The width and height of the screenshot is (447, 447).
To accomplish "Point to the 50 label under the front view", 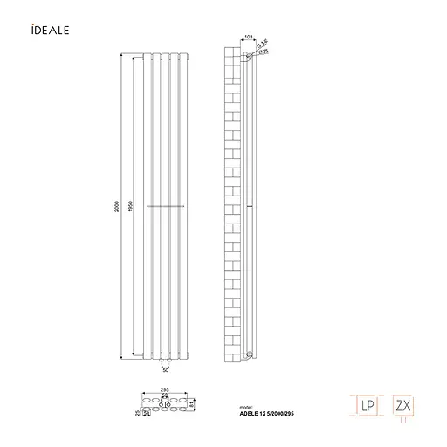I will click(165, 370).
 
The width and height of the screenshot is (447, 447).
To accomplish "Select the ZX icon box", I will click(402, 406).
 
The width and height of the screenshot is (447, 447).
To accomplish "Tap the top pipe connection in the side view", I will click(251, 56).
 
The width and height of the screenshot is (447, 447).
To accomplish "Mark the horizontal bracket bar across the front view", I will click(165, 205).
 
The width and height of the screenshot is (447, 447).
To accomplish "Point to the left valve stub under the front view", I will click(160, 359).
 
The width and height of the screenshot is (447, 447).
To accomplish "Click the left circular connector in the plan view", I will click(159, 403).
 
